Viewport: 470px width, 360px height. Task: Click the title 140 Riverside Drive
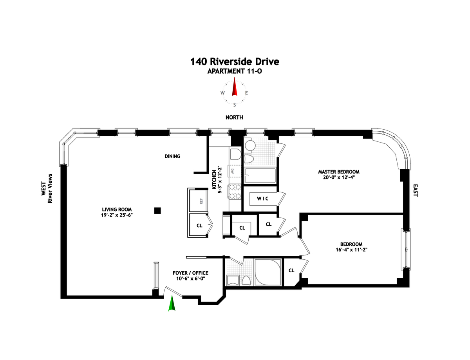coord(235,62)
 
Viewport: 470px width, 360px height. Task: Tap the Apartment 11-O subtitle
coord(235,71)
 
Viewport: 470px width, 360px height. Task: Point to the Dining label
coord(172,156)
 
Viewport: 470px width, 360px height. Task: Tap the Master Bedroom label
coord(338,172)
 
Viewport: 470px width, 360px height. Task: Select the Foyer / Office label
coord(190,273)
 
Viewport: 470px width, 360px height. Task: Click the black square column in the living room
coord(157,211)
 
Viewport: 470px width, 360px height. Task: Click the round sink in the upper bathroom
coord(250,146)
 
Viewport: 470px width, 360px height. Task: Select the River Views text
coord(50,188)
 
